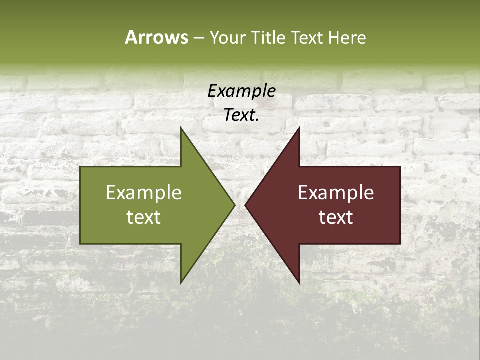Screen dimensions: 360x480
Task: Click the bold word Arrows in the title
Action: pos(156,37)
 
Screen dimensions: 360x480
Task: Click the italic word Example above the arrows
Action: pos(241,91)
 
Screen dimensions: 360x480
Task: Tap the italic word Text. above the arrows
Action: pos(241,115)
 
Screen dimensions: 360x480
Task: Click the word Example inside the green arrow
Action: pos(144,193)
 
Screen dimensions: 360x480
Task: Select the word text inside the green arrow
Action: pos(144,217)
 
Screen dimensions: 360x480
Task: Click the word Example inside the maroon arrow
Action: pos(336,193)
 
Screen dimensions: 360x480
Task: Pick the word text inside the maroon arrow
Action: pos(336,217)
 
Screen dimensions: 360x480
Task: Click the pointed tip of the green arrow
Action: pos(234,205)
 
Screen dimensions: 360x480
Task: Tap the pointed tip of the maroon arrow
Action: pos(245,205)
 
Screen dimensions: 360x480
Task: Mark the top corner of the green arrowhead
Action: pos(181,128)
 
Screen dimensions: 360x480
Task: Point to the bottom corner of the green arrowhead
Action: pos(181,282)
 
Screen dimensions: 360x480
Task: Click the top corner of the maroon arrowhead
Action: pos(299,128)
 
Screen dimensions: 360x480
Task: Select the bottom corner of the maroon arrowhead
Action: pos(299,282)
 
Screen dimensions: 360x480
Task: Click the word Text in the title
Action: pos(306,37)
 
